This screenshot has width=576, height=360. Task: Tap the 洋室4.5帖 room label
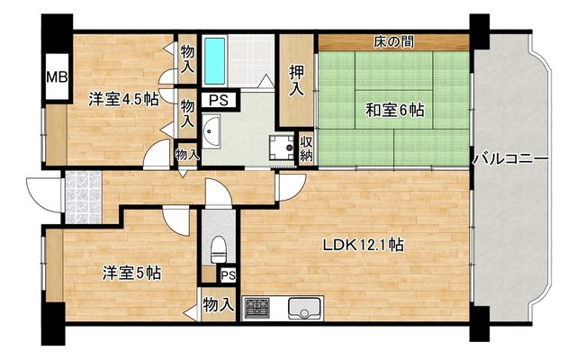(122, 99)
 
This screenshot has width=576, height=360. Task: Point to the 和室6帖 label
(394, 111)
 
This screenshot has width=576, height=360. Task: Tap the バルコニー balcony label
(510, 159)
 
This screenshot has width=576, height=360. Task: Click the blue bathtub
(216, 59)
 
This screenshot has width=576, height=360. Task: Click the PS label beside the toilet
(228, 275)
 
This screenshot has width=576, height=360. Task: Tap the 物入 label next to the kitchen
(218, 304)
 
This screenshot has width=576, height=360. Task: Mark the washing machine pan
(283, 146)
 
